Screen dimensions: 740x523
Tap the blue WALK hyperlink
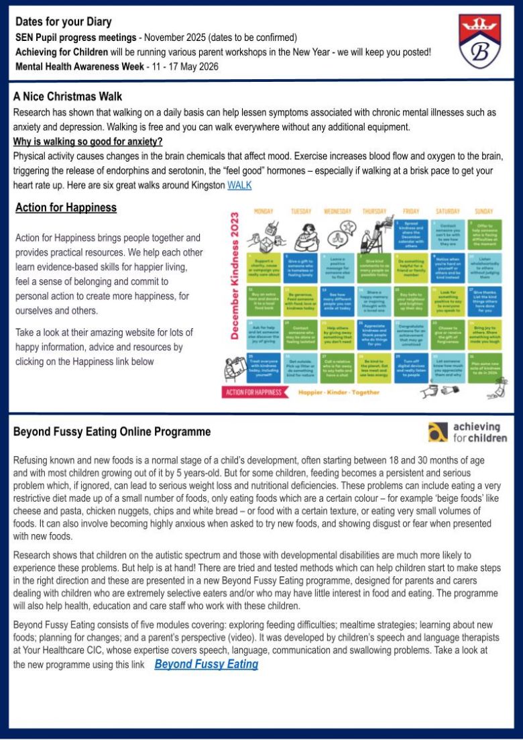tap(239, 184)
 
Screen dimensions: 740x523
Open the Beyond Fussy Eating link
tap(206, 664)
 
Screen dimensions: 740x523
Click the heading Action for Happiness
tap(66, 207)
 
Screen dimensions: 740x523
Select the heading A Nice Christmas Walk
tap(68, 97)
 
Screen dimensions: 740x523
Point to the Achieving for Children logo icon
tap(438, 433)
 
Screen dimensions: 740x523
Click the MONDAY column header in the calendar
tap(264, 211)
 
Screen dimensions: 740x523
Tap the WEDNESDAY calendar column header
tap(338, 211)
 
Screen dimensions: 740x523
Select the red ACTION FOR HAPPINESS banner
tap(254, 392)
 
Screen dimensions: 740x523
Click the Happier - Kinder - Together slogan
tap(339, 392)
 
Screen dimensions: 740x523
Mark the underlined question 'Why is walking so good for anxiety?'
tap(89, 142)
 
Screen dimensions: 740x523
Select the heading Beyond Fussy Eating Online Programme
tap(112, 432)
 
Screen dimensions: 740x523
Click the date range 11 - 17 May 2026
tap(178, 66)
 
